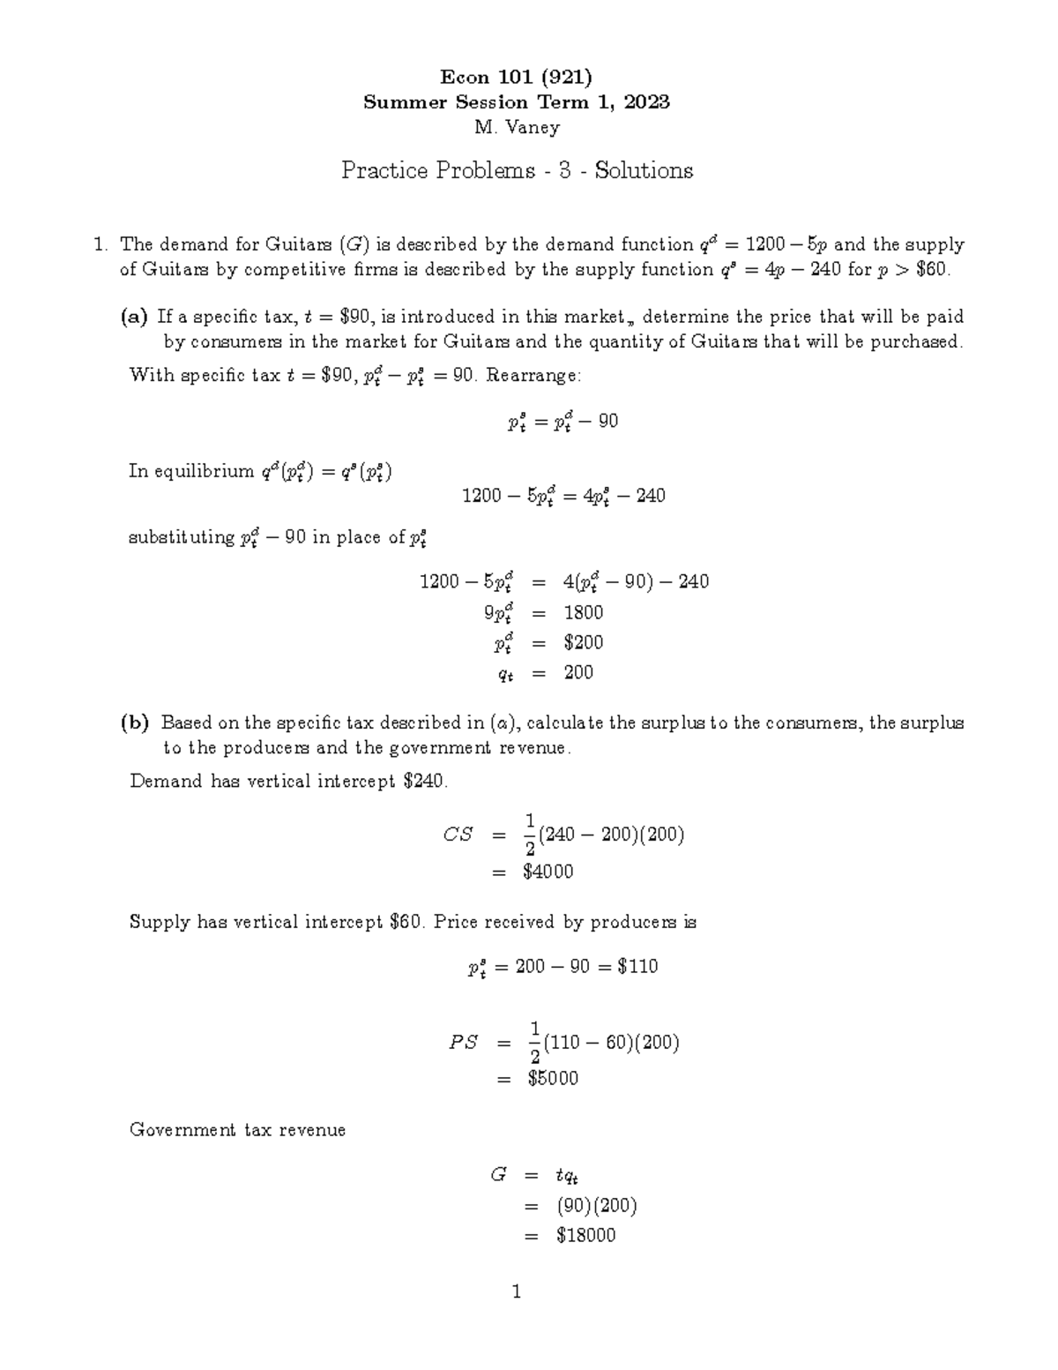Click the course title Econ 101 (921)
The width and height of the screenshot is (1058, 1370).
517,77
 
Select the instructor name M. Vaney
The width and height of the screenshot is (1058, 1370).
517,127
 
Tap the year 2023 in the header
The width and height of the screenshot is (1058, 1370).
647,102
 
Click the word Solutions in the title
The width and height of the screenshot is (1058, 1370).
644,170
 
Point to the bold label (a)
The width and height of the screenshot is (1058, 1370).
134,317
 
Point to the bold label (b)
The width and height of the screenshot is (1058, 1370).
136,723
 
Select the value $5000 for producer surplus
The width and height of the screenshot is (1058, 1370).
553,1078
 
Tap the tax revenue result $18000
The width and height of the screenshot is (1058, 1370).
585,1235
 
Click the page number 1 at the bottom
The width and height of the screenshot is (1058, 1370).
517,1292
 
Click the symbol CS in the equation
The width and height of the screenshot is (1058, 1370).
458,835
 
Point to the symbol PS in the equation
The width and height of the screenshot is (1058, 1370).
463,1042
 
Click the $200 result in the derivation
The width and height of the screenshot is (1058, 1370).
583,642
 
